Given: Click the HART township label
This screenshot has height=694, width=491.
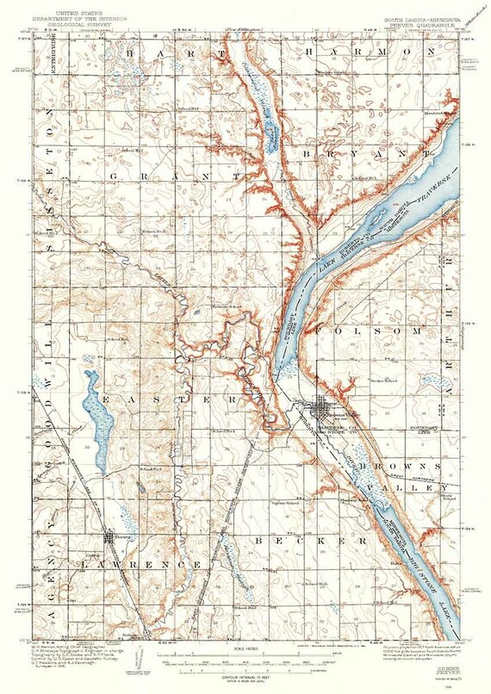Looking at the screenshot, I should (x=171, y=53).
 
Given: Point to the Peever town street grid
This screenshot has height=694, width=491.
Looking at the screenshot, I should (x=109, y=538).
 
